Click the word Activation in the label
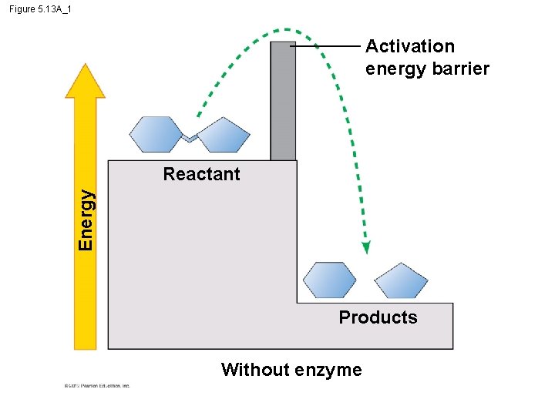(x=410, y=46)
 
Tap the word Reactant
(x=202, y=174)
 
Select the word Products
(x=378, y=317)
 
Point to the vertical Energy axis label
(x=87, y=220)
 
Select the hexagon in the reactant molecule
(x=156, y=134)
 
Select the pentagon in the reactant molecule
(x=224, y=135)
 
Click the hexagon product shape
(x=330, y=280)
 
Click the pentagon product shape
(x=401, y=281)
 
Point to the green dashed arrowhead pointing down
(x=366, y=247)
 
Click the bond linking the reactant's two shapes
(x=190, y=138)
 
